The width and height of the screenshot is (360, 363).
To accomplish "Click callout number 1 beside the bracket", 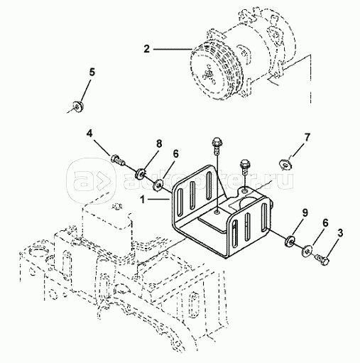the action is [x=143, y=200].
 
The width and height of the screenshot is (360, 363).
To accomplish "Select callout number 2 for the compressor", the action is [x=147, y=49].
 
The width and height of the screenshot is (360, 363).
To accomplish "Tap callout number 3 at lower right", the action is [x=340, y=233].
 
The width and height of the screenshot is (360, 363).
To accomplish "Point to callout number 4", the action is [x=89, y=134].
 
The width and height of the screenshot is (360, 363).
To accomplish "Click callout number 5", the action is [x=92, y=72].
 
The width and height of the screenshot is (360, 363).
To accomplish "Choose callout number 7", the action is [x=307, y=137].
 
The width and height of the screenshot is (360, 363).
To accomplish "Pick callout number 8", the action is [x=159, y=143].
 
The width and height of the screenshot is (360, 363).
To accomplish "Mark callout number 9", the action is [x=305, y=212].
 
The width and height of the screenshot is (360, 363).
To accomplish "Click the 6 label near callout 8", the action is [x=175, y=154].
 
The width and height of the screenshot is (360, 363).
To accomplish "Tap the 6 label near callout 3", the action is [x=325, y=222].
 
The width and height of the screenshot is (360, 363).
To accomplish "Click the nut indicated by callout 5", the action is [x=77, y=107].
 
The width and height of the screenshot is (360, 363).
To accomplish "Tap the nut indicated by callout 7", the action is [x=285, y=165].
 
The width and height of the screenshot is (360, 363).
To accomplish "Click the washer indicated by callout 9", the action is [x=290, y=242].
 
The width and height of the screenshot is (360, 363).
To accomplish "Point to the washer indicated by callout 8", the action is [x=141, y=173].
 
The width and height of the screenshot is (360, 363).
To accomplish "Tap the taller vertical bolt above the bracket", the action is [x=216, y=145].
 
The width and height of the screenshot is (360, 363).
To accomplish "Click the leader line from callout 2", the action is [x=173, y=49].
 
